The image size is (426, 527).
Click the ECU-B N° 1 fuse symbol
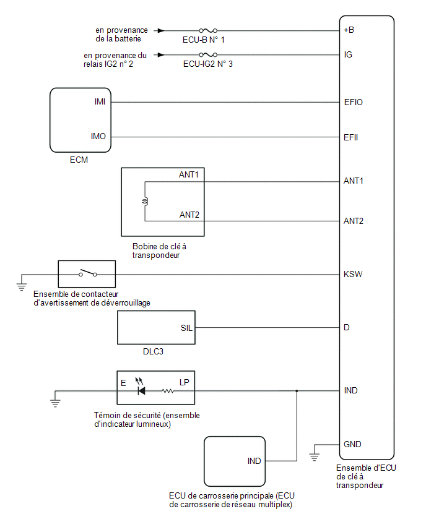click(208, 30)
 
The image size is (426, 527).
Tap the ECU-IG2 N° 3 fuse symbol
click(208, 54)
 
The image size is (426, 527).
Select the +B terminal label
click(349, 30)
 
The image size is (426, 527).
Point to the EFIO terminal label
click(354, 102)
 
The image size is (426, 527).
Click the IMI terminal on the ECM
click(100, 101)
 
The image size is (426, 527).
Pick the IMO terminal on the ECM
click(98, 136)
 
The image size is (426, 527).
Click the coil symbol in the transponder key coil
click(146, 201)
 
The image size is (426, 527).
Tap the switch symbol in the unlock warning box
click(88, 273)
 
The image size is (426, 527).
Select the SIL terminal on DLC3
click(186, 328)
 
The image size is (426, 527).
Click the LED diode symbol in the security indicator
click(141, 391)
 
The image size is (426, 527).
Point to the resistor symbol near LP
click(168, 391)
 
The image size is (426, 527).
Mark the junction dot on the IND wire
click(297, 391)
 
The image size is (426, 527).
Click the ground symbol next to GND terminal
click(314, 456)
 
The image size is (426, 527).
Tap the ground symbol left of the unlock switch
click(22, 286)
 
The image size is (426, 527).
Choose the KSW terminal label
click(353, 274)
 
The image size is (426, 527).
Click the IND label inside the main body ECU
click(254, 461)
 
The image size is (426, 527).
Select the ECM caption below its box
click(79, 160)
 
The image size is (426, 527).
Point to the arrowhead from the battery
click(161, 30)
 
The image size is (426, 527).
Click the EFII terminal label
click(350, 137)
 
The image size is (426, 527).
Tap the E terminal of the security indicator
click(123, 383)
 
